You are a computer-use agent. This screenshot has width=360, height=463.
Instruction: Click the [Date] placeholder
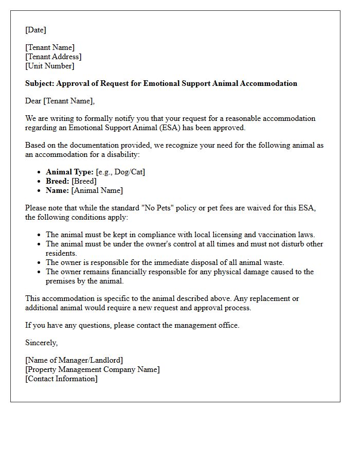point(35,30)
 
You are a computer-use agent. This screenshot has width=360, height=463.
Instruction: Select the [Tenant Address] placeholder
point(53,57)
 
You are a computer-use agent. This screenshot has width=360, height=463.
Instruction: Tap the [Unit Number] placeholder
point(49,66)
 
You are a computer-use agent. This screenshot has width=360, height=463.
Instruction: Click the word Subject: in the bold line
point(40,83)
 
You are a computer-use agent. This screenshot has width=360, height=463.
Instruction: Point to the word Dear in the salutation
point(33,101)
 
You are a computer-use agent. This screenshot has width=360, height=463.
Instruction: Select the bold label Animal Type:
point(69,172)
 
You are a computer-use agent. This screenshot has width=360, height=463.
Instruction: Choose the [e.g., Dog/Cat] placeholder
point(120,172)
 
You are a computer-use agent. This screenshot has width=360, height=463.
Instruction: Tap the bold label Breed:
point(58,181)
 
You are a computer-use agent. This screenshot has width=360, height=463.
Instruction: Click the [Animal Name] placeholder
point(97,190)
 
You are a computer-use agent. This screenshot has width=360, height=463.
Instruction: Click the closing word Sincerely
point(41,343)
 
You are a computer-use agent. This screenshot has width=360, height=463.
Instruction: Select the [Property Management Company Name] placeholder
point(93,369)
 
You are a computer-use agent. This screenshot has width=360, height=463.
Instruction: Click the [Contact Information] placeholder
point(61,379)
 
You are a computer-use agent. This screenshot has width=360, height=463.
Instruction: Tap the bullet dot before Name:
point(40,191)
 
